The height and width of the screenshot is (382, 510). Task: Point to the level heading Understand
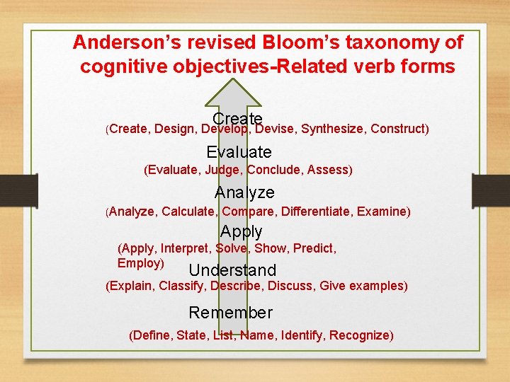(x=232, y=270)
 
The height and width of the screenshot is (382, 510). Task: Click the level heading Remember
(x=230, y=313)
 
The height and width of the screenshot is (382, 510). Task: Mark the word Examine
(x=382, y=212)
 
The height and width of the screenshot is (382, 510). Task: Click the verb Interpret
(x=185, y=248)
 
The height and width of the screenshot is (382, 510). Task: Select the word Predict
(x=314, y=248)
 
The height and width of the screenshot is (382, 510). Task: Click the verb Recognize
(x=361, y=335)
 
